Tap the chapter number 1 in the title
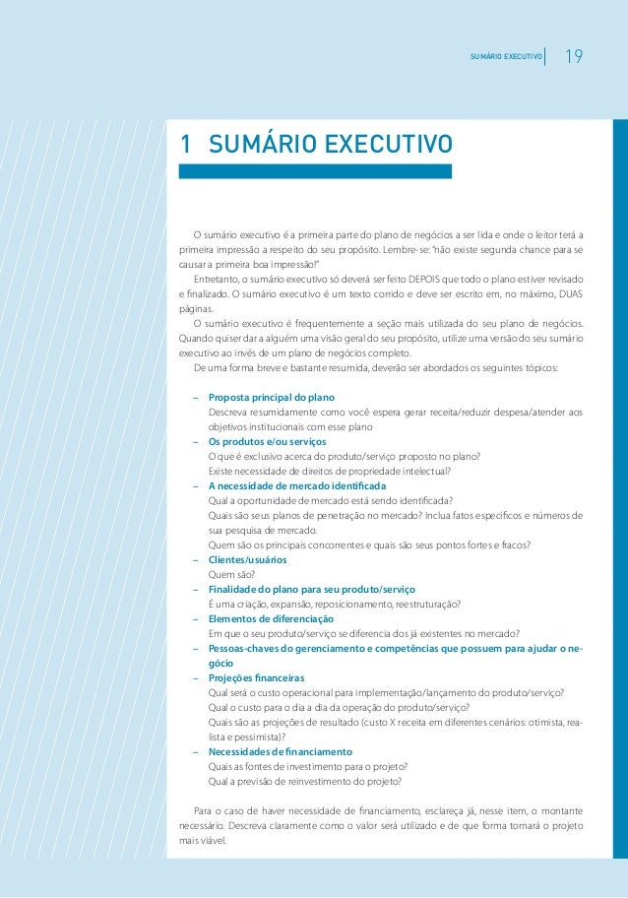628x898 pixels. coord(184,145)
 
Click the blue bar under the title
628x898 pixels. coord(315,171)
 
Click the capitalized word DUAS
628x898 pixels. coord(567,294)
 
